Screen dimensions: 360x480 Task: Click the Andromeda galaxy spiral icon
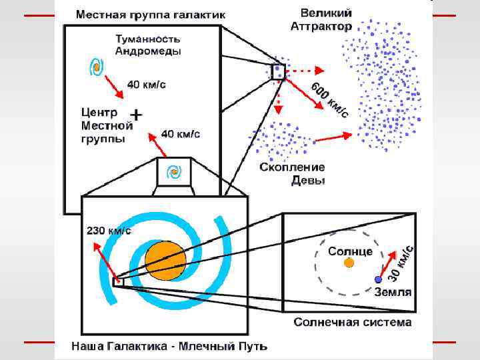(x=97, y=67)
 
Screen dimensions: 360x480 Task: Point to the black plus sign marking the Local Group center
(x=136, y=115)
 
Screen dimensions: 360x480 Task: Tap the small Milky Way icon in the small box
(x=175, y=173)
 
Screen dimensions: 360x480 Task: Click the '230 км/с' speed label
(x=110, y=231)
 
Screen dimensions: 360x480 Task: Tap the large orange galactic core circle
(x=165, y=261)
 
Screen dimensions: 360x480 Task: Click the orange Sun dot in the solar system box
(x=349, y=263)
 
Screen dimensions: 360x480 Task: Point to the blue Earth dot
(x=378, y=279)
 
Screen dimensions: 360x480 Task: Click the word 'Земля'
(x=392, y=292)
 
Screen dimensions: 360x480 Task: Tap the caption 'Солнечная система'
(x=353, y=323)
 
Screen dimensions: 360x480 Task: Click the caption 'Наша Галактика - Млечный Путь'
(x=170, y=346)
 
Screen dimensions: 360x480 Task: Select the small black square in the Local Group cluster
(x=277, y=71)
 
